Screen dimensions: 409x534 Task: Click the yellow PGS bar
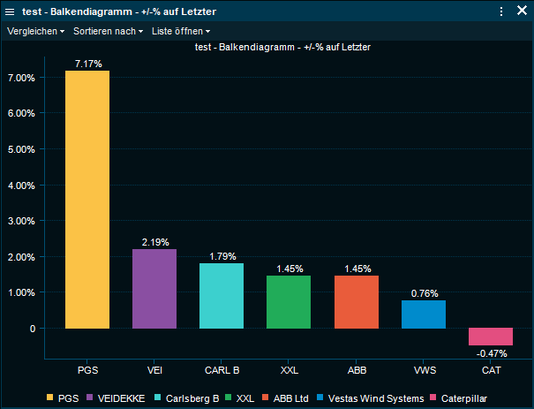click(87, 199)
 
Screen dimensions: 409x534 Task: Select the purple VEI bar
click(154, 288)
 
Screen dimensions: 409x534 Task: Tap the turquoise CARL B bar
click(222, 295)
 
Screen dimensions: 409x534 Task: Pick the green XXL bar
click(289, 301)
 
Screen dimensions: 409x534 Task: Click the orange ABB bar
click(357, 301)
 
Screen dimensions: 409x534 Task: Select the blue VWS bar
click(424, 314)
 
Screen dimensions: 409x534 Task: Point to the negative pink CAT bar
click(491, 337)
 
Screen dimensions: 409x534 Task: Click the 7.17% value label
click(88, 64)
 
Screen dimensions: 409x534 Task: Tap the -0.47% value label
click(492, 353)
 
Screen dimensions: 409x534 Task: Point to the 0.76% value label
click(424, 293)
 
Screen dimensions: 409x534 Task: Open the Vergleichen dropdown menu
click(36, 31)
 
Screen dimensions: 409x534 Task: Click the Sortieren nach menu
click(108, 31)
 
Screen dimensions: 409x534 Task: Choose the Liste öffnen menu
click(181, 31)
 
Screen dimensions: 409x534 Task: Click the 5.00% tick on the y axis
click(20, 149)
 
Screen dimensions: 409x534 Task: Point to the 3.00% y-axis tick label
click(20, 221)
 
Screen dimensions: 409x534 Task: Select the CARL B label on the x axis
click(222, 369)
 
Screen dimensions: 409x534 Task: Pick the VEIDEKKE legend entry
click(116, 398)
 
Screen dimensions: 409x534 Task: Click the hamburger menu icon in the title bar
click(11, 11)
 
